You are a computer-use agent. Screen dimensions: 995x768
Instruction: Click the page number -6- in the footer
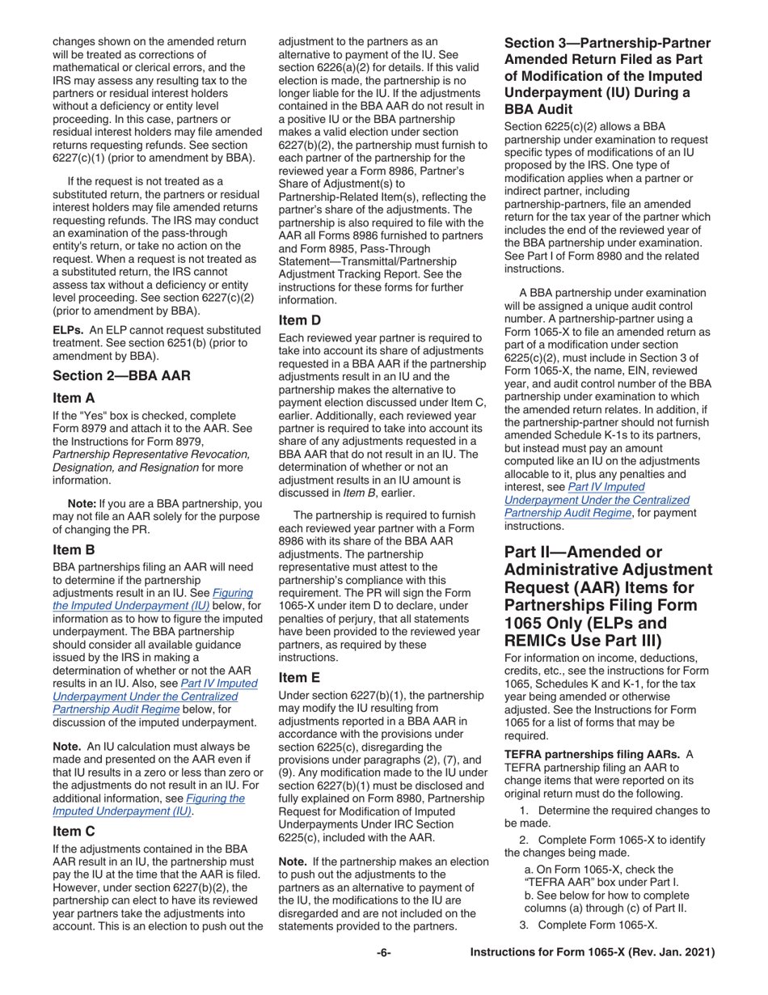[384, 953]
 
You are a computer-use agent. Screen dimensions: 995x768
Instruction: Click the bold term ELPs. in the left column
[69, 330]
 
